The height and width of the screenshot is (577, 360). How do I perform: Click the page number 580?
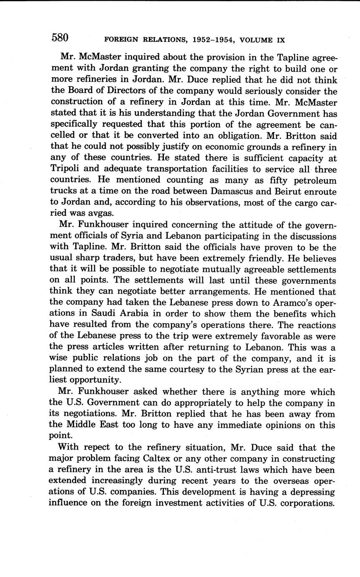(x=60, y=38)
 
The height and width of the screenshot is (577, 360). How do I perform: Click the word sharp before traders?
(x=87, y=259)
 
